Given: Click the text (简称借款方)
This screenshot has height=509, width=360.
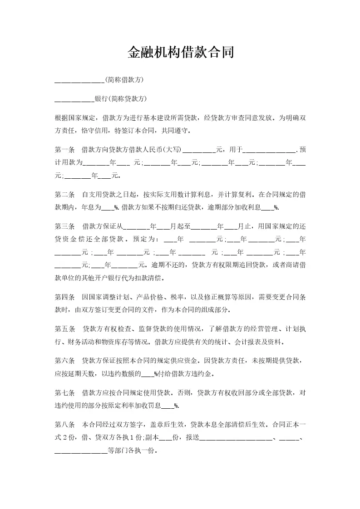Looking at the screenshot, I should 124,80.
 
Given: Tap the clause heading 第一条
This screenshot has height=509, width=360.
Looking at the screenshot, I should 64,149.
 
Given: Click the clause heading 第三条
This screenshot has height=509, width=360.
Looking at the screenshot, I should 64,226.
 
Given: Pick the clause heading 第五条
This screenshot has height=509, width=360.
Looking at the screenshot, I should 64,329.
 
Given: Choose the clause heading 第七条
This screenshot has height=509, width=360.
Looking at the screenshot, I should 64,392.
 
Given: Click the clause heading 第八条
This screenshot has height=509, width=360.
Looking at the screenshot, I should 64,425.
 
